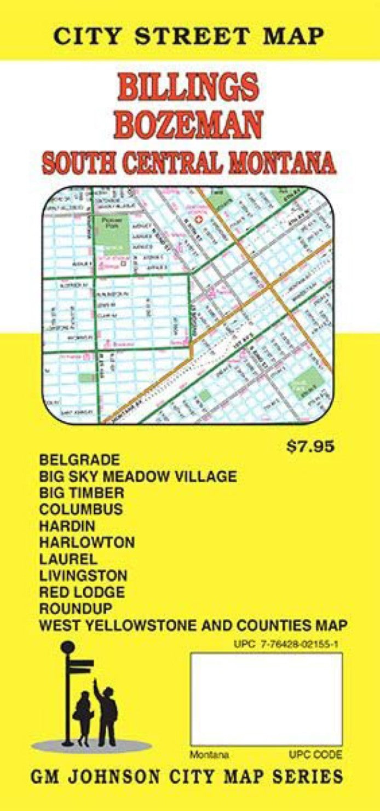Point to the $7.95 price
click(x=310, y=447)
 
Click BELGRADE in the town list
click(x=79, y=459)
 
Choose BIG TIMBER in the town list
click(x=82, y=493)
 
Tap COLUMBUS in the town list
click(x=81, y=509)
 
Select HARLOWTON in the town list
click(x=87, y=543)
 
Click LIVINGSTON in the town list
click(x=84, y=576)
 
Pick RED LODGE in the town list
click(x=82, y=592)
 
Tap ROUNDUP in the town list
click(x=76, y=609)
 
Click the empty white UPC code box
click(x=266, y=699)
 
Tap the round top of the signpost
click(x=67, y=647)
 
